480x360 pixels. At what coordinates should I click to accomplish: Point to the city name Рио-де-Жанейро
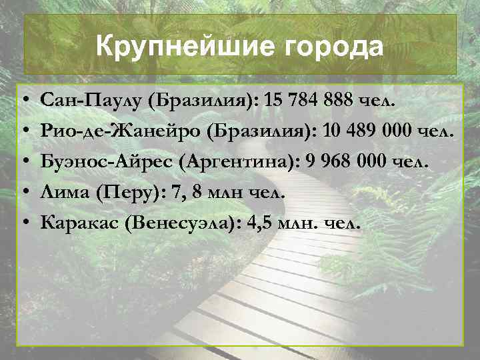pos(121,131)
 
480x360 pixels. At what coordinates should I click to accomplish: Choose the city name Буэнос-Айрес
pos(113,162)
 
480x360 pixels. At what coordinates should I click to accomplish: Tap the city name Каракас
pos(80,223)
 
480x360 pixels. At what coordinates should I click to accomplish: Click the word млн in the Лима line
pos(228,193)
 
